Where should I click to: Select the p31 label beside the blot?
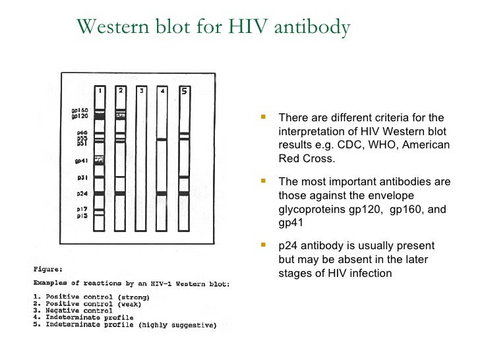pyautogui.click(x=82, y=177)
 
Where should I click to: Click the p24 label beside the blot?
pyautogui.click(x=82, y=194)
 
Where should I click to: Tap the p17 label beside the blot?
pyautogui.click(x=82, y=209)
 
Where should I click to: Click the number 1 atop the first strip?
pyautogui.click(x=99, y=90)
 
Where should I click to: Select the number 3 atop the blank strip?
pyautogui.click(x=141, y=91)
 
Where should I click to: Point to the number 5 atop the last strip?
pyautogui.click(x=184, y=91)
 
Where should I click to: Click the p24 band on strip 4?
pyautogui.click(x=162, y=194)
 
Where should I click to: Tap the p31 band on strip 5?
pyautogui.click(x=184, y=177)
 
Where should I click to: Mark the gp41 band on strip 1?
pyautogui.click(x=99, y=160)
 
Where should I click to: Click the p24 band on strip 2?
pyautogui.click(x=120, y=194)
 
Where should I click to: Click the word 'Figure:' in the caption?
pyautogui.click(x=49, y=269)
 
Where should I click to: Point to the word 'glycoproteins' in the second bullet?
pyautogui.click(x=310, y=209)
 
